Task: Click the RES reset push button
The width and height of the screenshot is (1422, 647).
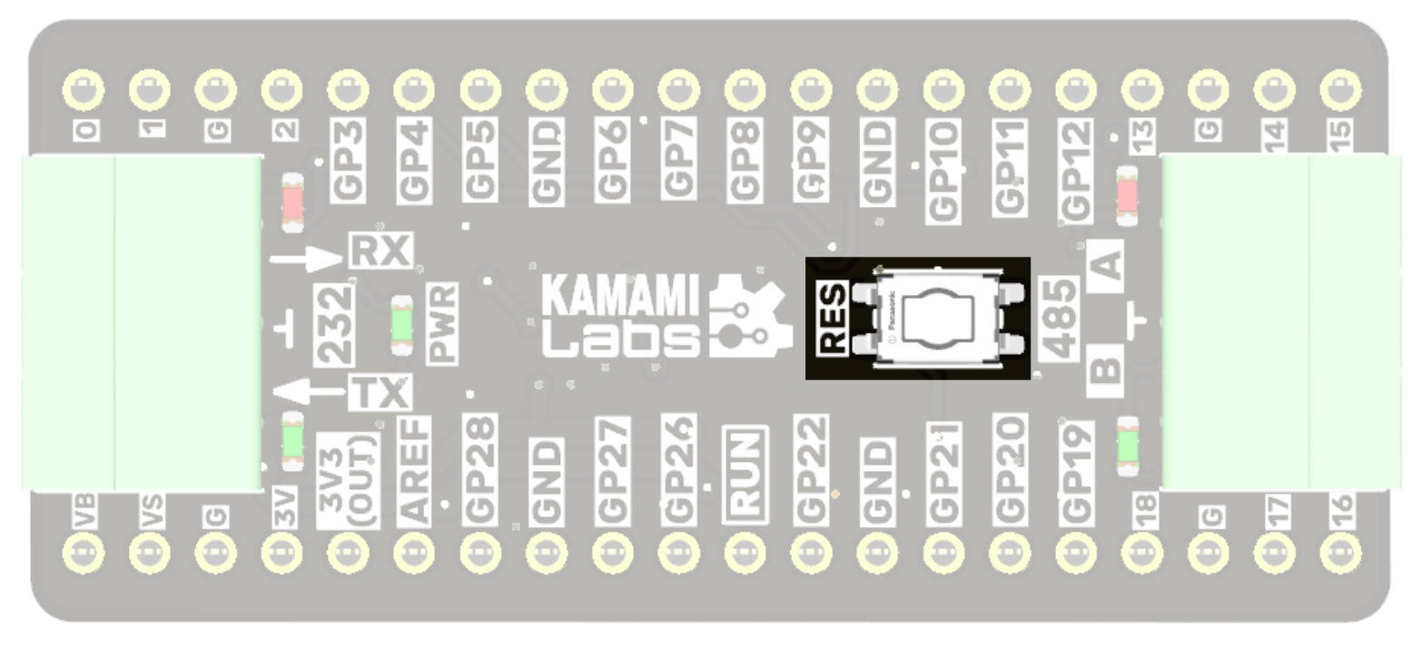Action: click(935, 318)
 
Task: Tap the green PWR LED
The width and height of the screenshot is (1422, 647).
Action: click(401, 324)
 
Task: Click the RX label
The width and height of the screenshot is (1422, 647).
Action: click(381, 250)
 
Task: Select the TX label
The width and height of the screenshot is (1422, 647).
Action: click(380, 393)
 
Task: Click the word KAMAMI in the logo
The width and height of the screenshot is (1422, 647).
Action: click(621, 297)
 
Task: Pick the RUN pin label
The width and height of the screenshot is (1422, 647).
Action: click(745, 474)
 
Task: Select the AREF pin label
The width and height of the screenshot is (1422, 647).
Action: click(414, 470)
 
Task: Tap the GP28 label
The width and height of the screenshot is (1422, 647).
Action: click(480, 469)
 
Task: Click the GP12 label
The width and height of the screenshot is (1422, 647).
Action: click(1075, 170)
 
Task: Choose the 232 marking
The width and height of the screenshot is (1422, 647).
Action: click(334, 324)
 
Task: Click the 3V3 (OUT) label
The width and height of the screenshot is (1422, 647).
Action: click(348, 479)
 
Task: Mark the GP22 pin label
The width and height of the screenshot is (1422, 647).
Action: click(811, 469)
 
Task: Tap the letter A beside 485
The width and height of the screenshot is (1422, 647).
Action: click(1107, 266)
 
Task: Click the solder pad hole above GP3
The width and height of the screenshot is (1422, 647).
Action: click(348, 90)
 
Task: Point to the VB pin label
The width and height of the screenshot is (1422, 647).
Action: click(85, 513)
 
